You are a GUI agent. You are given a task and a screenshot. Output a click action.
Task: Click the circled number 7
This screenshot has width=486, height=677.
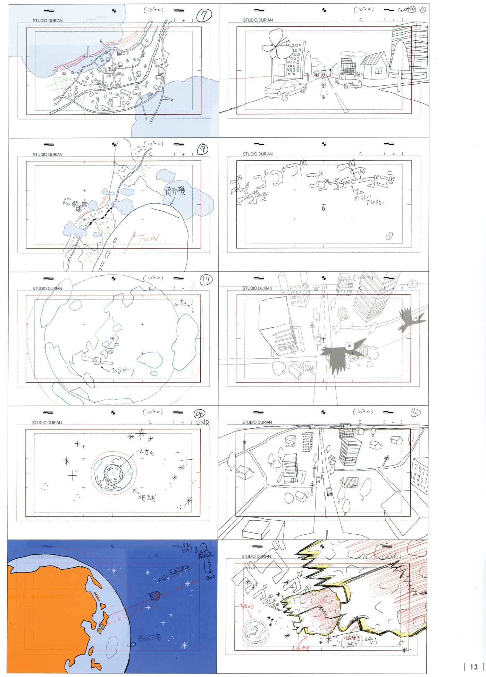(204, 15)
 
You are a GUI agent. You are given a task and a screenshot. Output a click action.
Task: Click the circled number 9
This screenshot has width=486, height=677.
(202, 149)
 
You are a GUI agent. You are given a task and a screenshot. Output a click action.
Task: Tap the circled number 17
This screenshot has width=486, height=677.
(206, 280)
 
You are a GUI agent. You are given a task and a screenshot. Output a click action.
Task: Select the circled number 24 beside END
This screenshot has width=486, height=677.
(199, 413)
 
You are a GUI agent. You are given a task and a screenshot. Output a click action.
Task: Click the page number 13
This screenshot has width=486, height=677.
(474, 667)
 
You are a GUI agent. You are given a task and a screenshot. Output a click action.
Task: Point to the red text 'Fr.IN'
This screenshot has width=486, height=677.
(148, 238)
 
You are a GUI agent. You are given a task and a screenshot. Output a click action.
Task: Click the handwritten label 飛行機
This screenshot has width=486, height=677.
(175, 191)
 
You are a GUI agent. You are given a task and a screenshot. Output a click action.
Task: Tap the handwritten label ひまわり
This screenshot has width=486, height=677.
(123, 370)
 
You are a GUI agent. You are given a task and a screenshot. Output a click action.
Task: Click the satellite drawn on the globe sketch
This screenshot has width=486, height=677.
(97, 360)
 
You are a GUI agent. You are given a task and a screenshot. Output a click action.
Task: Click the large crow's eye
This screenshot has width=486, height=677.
(349, 345)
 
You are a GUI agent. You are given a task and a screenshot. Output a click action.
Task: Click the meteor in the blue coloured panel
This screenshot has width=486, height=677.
(154, 596)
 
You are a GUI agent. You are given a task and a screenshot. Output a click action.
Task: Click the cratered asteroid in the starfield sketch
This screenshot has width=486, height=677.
(113, 473)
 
